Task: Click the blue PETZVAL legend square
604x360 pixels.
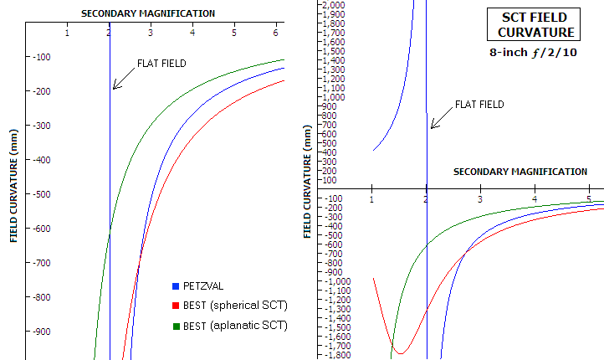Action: pos(175,286)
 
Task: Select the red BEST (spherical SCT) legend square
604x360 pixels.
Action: pos(175,306)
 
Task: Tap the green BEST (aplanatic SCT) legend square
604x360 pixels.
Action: pos(175,325)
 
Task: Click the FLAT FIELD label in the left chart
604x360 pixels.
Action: pos(161,64)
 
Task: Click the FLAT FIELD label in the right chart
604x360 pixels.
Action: pos(479,105)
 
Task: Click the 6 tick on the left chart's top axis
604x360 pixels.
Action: pos(276,33)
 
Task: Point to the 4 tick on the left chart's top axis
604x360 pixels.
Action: pos(192,33)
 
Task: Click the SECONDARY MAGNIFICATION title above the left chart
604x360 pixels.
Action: pos(147,13)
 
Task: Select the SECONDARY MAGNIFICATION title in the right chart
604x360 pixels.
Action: pos(520,172)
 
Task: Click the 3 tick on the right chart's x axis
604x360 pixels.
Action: pos(480,199)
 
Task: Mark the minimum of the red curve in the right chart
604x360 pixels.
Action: pos(400,352)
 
